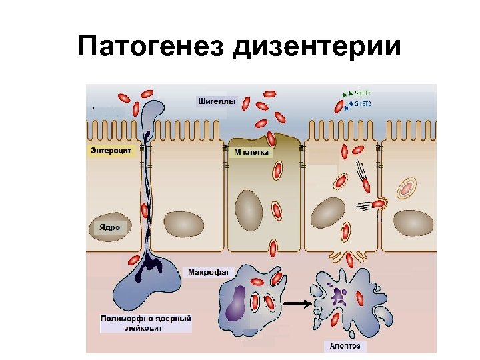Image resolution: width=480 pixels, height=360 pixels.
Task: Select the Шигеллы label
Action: (x=217, y=101)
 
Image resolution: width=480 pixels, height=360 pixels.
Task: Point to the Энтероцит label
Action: (x=111, y=151)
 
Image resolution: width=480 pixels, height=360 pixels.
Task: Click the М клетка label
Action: (x=251, y=152)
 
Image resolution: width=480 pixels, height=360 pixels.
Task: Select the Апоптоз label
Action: (x=345, y=346)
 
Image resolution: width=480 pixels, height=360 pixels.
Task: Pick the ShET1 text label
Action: (x=363, y=93)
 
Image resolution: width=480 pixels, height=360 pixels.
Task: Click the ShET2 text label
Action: (x=363, y=104)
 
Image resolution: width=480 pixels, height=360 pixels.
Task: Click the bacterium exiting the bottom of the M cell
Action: (x=273, y=249)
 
